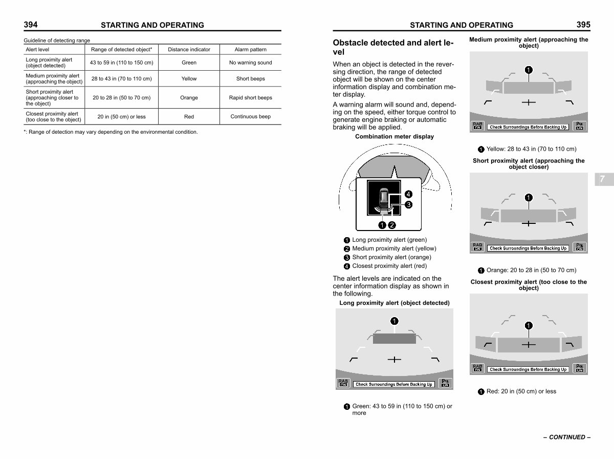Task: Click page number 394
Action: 31,25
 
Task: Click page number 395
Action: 583,25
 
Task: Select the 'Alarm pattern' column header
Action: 250,50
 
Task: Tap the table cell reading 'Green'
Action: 189,62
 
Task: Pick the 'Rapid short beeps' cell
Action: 250,98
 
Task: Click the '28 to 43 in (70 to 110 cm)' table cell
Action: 121,79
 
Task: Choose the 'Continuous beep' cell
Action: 250,116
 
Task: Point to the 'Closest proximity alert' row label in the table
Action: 53,116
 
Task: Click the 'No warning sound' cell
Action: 250,62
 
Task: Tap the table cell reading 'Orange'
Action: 189,98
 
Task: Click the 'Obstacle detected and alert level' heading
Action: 393,47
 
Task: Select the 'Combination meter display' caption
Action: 394,137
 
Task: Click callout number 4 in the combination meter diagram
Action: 408,194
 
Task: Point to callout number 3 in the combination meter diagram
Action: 408,205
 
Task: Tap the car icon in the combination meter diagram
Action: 384,199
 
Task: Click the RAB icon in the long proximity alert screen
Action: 343,383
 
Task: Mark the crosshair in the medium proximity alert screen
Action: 529,102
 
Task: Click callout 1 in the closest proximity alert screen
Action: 529,325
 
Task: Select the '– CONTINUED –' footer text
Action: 567,437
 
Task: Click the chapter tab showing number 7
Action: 604,179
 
